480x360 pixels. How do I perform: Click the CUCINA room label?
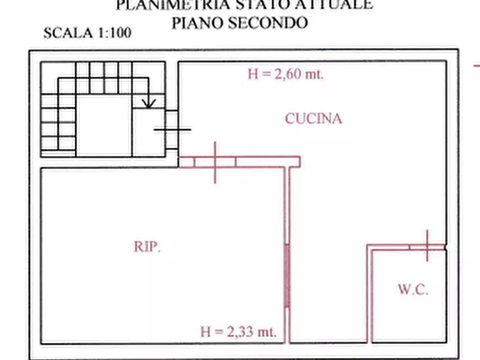313,119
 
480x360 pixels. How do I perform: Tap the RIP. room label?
147,247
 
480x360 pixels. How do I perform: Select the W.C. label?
413,290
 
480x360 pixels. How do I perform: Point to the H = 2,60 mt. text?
285,75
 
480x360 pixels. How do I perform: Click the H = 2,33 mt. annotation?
238,332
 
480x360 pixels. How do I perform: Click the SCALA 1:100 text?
87,33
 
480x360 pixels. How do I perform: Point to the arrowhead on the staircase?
149,103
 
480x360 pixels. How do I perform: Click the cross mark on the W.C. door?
427,246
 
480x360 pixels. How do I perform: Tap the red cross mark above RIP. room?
215,162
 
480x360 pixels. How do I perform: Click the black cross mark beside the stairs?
172,129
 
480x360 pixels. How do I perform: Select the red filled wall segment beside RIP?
287,276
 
